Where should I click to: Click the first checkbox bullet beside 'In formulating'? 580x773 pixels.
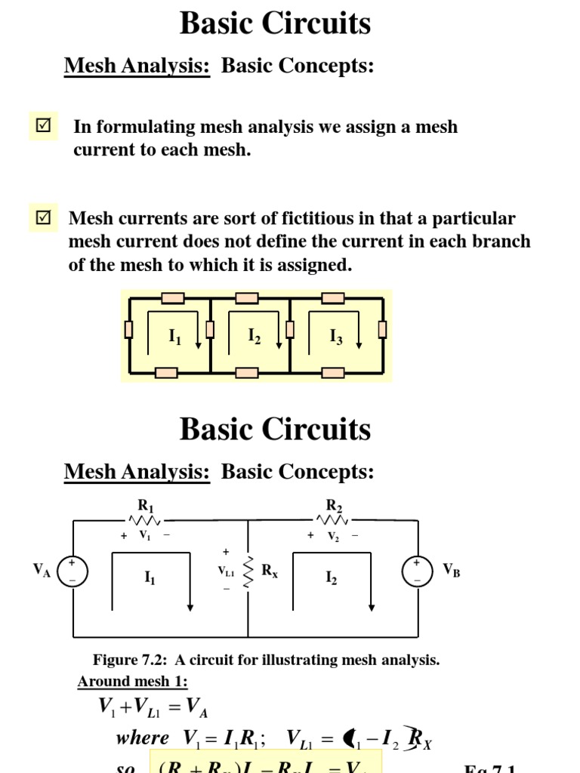pos(43,125)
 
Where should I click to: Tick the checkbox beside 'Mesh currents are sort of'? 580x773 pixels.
pos(43,218)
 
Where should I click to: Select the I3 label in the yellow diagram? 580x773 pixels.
pos(336,337)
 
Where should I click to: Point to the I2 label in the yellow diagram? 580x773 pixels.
pos(255,337)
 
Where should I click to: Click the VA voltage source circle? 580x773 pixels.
pos(72,571)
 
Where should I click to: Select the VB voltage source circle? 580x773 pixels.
pos(417,571)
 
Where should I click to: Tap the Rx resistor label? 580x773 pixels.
pos(270,571)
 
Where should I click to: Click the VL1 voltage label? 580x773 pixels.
pos(226,573)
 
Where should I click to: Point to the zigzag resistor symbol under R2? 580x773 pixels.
pos(332,520)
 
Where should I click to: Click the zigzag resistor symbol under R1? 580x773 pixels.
pos(144,520)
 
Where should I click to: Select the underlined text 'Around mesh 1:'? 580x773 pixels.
pos(132,682)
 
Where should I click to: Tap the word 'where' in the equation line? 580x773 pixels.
pos(143,738)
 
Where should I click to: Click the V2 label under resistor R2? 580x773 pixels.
pos(332,536)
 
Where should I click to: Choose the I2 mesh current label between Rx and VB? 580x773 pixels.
pos(332,578)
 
